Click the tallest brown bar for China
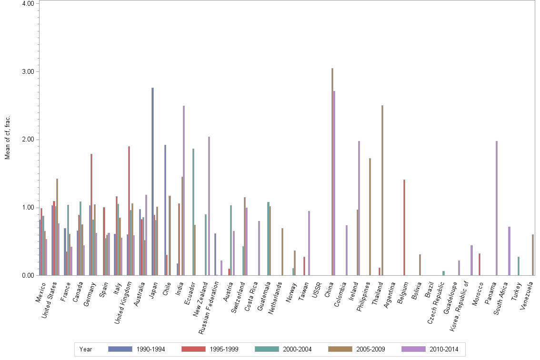(x=332, y=171)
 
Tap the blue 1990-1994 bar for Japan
(x=152, y=181)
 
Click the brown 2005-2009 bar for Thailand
(x=382, y=190)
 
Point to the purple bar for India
(x=184, y=190)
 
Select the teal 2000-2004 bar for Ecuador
(x=193, y=212)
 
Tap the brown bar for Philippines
(x=370, y=217)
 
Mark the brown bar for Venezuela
(x=533, y=255)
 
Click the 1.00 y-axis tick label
(x=29, y=208)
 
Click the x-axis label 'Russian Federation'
(x=207, y=302)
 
